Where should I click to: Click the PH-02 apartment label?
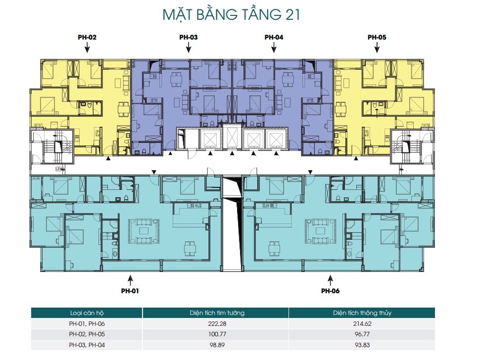click(87, 37)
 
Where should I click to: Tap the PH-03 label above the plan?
click(189, 37)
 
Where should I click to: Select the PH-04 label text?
click(274, 37)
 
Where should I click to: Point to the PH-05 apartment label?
click(377, 37)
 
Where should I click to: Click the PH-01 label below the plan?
click(130, 291)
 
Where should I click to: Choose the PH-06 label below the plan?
click(330, 291)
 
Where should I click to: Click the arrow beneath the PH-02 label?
click(88, 47)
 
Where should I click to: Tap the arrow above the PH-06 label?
click(330, 280)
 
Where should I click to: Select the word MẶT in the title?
click(178, 15)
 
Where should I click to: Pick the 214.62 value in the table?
click(362, 324)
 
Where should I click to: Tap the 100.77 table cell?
click(217, 334)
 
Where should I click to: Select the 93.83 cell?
click(362, 345)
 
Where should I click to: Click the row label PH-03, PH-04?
click(87, 345)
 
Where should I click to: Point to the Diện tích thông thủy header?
click(362, 313)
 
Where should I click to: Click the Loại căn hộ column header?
click(87, 313)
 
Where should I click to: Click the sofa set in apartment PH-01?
click(144, 231)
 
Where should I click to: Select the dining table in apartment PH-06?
click(274, 249)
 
